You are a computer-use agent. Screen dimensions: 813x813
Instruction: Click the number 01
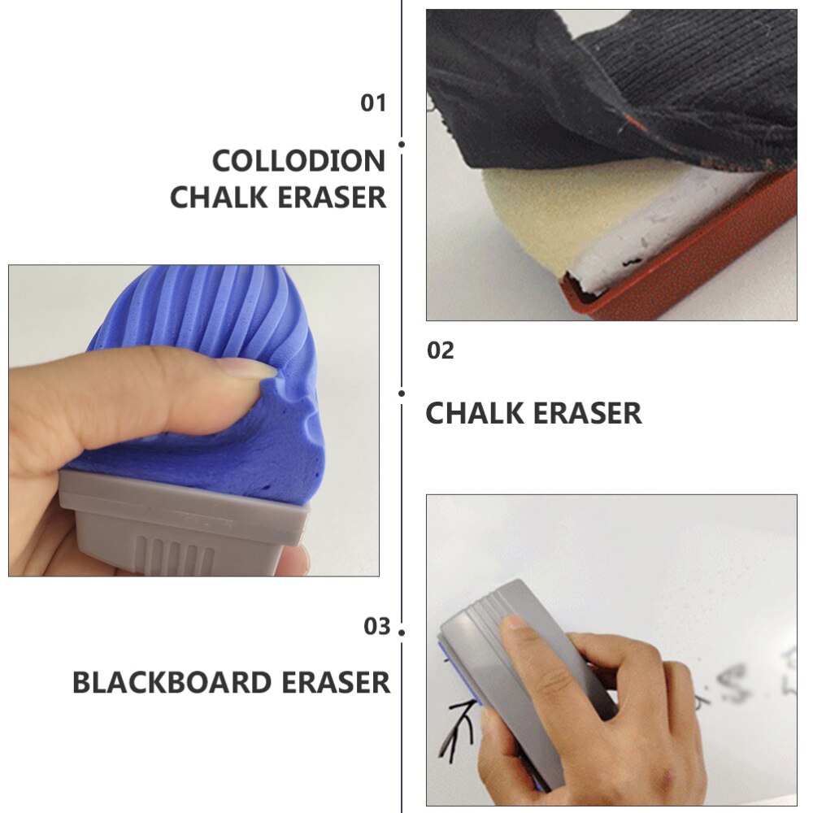point(373,103)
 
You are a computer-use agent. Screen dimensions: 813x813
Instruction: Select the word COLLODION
point(298,161)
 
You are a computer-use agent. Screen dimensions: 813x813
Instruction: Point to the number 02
point(441,351)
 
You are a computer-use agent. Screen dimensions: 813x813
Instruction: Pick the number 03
point(376,627)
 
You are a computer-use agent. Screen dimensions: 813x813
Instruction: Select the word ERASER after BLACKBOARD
point(336,682)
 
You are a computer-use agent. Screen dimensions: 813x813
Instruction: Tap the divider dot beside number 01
point(402,144)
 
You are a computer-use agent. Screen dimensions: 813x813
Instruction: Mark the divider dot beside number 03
point(402,632)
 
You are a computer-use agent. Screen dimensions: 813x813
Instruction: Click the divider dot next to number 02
point(402,393)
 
